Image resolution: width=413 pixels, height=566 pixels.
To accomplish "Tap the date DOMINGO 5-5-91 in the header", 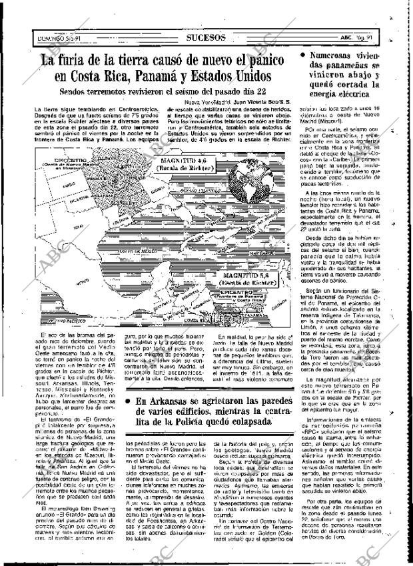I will [55, 38].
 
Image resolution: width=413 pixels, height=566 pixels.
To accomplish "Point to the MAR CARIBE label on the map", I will [260, 254].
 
